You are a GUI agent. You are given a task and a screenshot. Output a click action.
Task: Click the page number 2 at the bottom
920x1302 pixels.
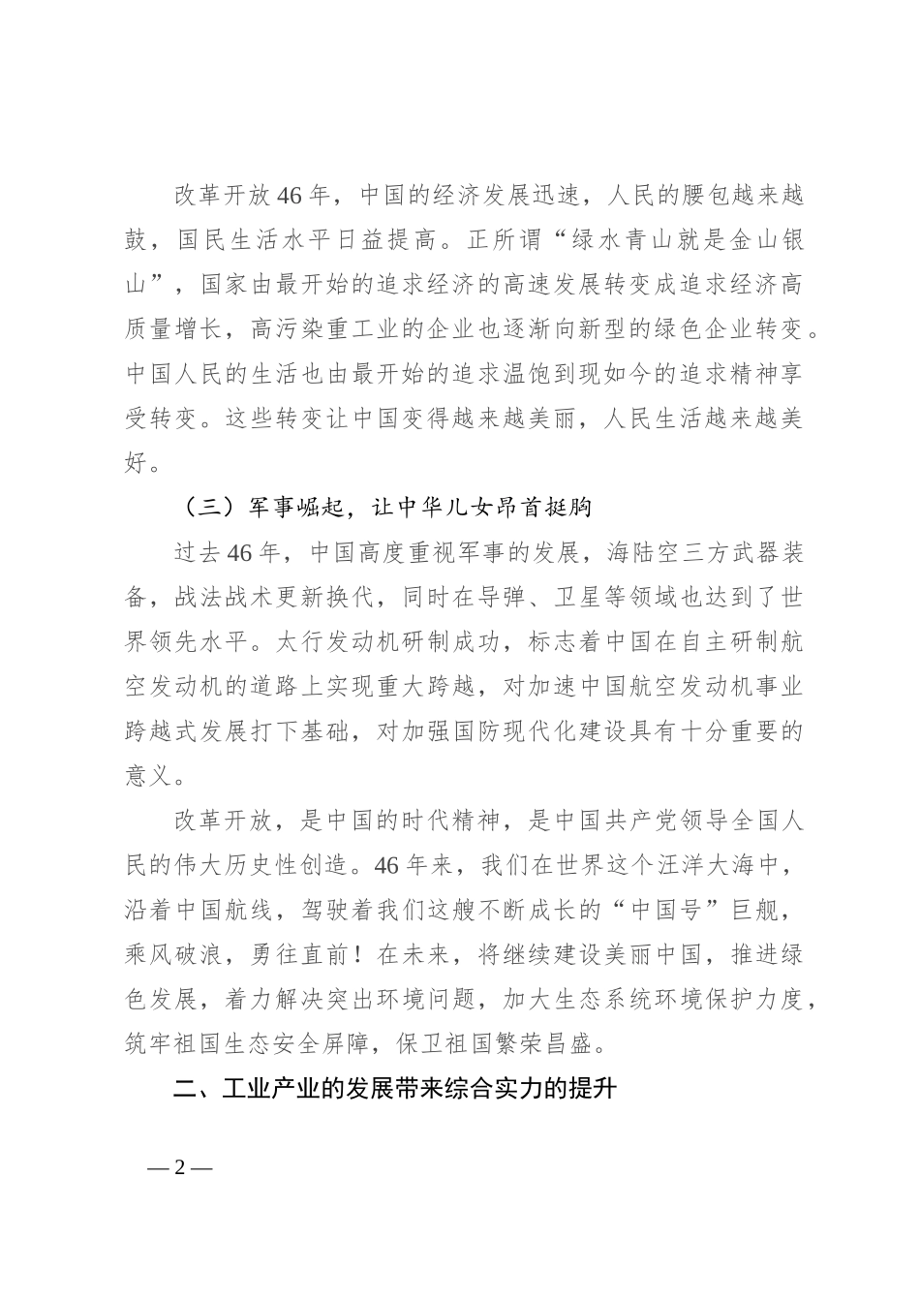179,1166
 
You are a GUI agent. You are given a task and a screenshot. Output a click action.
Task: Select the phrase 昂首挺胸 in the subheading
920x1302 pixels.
544,508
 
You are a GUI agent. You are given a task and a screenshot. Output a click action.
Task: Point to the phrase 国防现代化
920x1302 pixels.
528,731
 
